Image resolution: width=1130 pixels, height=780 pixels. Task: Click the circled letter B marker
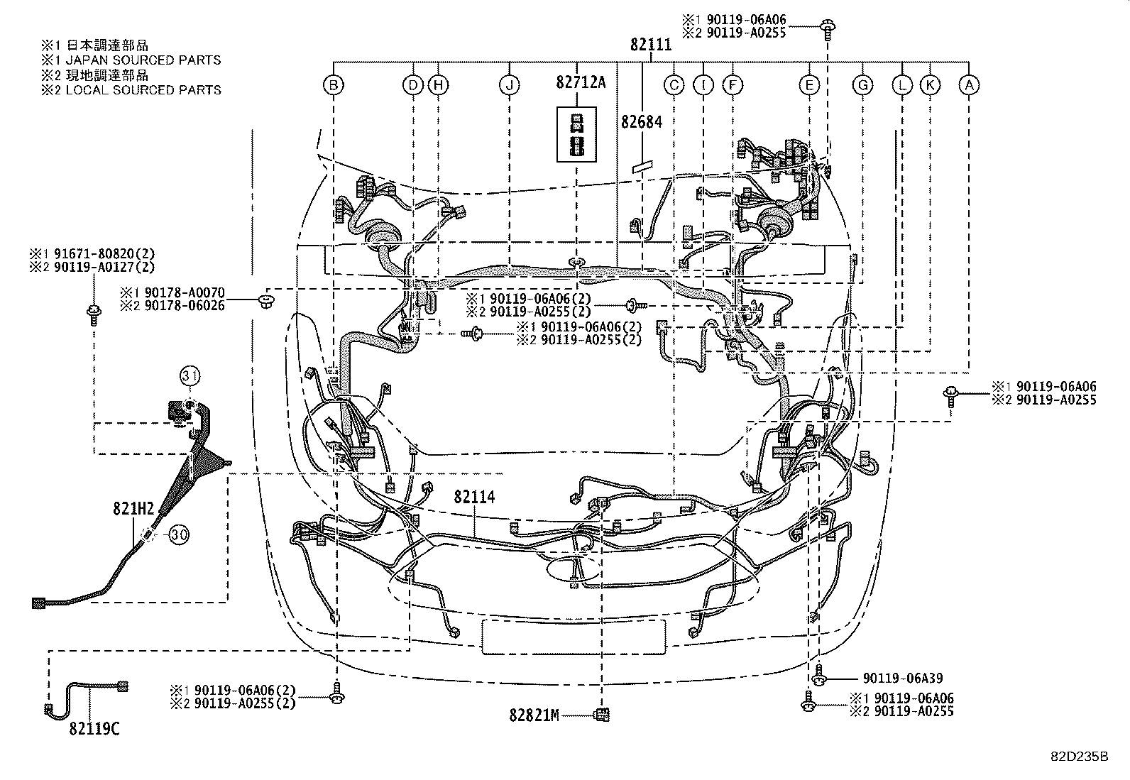(x=333, y=86)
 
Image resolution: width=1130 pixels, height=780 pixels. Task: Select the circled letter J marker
(x=509, y=86)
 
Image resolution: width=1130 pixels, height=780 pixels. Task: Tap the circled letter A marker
(x=969, y=86)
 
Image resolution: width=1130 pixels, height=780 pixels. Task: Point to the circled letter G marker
(x=862, y=86)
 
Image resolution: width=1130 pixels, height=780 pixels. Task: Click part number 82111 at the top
(x=650, y=45)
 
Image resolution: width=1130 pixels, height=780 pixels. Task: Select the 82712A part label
(x=581, y=82)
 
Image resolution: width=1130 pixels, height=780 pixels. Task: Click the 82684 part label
(x=641, y=121)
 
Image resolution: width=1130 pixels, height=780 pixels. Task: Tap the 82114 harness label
(x=475, y=497)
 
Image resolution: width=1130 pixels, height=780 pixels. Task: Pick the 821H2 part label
(x=133, y=509)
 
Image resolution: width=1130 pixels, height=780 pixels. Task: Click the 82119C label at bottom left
(x=94, y=728)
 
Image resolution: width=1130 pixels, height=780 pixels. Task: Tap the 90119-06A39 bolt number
(x=903, y=679)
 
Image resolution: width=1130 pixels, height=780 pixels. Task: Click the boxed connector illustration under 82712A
(x=576, y=135)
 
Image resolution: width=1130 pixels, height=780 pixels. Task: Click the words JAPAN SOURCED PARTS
(x=143, y=60)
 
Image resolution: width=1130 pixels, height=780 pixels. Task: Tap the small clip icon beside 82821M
(x=602, y=715)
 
